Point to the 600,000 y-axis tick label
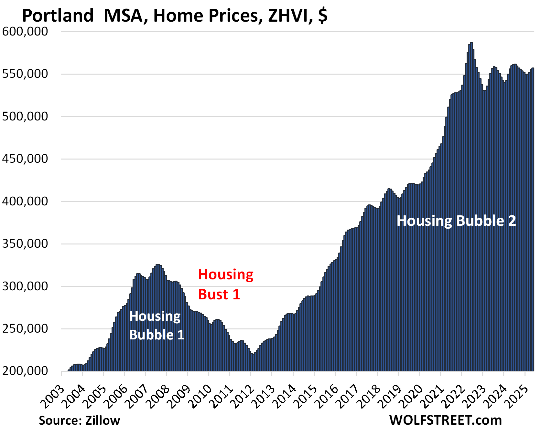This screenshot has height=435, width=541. tap(25, 31)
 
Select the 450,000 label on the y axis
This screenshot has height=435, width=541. tap(25, 159)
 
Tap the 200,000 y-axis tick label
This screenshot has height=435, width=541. tap(25, 371)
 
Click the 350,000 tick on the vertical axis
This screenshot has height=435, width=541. tap(25, 243)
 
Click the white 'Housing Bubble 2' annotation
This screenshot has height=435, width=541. tap(456, 221)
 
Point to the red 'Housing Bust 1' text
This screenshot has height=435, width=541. tap(225, 284)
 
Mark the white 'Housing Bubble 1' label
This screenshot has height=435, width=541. tap(157, 325)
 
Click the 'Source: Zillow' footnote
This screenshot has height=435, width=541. tap(79, 420)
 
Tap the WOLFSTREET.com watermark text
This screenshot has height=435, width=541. tap(445, 420)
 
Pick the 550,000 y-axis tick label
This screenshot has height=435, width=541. tap(25, 74)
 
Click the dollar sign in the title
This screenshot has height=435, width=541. tap(323, 16)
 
